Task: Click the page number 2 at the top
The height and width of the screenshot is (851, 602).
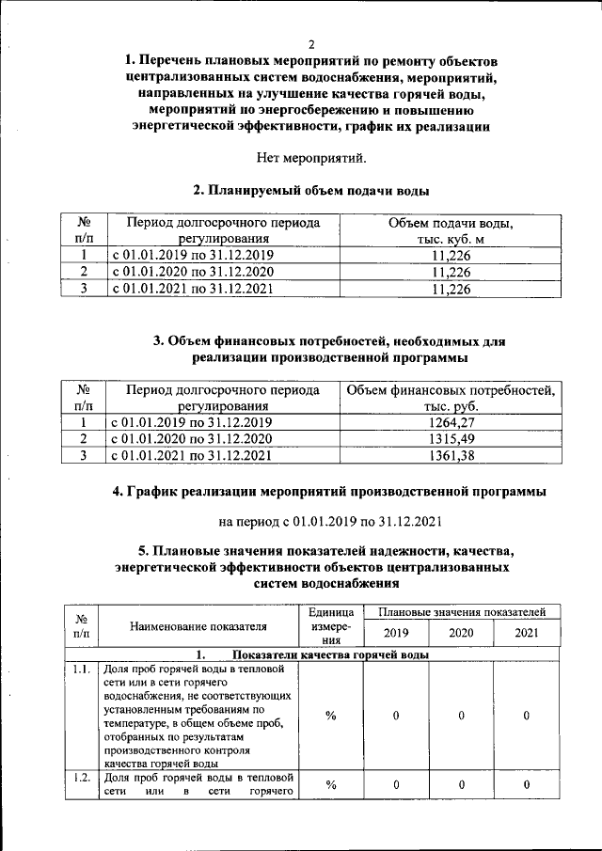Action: coord(311,44)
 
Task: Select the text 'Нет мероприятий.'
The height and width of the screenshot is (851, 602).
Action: coord(311,157)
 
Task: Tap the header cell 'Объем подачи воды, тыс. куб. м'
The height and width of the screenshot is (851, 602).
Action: coord(451,231)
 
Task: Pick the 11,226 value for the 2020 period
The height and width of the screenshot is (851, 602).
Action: coord(451,272)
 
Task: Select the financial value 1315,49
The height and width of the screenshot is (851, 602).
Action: coord(451,439)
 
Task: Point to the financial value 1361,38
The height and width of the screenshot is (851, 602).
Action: coord(451,456)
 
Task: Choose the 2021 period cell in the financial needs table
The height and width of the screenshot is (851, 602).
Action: coord(192,456)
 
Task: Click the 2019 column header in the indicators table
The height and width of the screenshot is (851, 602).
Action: coord(396,633)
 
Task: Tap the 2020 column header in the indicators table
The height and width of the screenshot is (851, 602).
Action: coord(461,633)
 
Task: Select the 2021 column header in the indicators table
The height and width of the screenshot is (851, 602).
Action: coord(527,633)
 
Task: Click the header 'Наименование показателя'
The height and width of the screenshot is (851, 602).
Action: coord(198,625)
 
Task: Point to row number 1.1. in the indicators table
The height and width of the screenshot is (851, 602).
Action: coord(82,670)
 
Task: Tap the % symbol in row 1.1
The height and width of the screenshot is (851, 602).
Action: coord(331,716)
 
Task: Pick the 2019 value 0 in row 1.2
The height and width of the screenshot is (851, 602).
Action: coord(396,784)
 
